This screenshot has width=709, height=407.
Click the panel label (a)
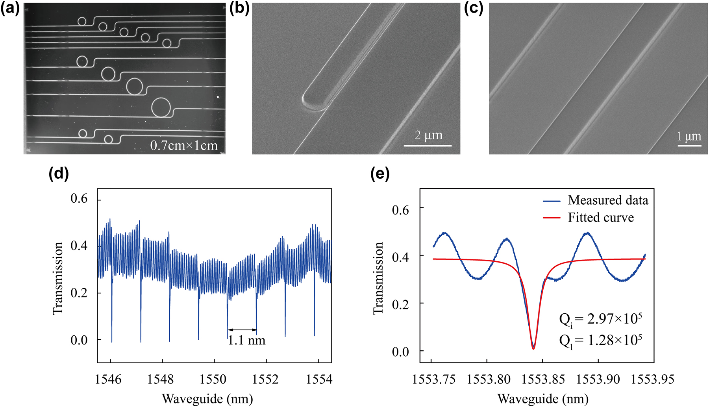point(9,9)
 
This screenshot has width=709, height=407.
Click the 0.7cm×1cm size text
point(184,146)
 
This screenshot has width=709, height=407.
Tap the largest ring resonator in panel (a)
point(161,107)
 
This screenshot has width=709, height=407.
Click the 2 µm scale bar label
point(428,135)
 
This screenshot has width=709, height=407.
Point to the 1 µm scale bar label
point(689,136)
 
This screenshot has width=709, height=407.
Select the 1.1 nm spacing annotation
point(247,340)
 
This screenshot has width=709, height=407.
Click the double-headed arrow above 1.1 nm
point(242,329)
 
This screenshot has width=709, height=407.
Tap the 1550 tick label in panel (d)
point(213,379)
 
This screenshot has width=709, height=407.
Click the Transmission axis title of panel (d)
point(58,278)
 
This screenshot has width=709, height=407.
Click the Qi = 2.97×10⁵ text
point(600,319)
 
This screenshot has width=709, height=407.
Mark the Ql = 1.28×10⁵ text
point(600,340)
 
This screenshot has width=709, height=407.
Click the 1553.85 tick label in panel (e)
point(543,379)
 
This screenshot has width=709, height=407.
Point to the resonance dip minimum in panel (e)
point(533,348)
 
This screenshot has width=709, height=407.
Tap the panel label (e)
point(380,174)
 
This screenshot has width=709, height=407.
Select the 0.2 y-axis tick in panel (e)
point(400,304)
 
